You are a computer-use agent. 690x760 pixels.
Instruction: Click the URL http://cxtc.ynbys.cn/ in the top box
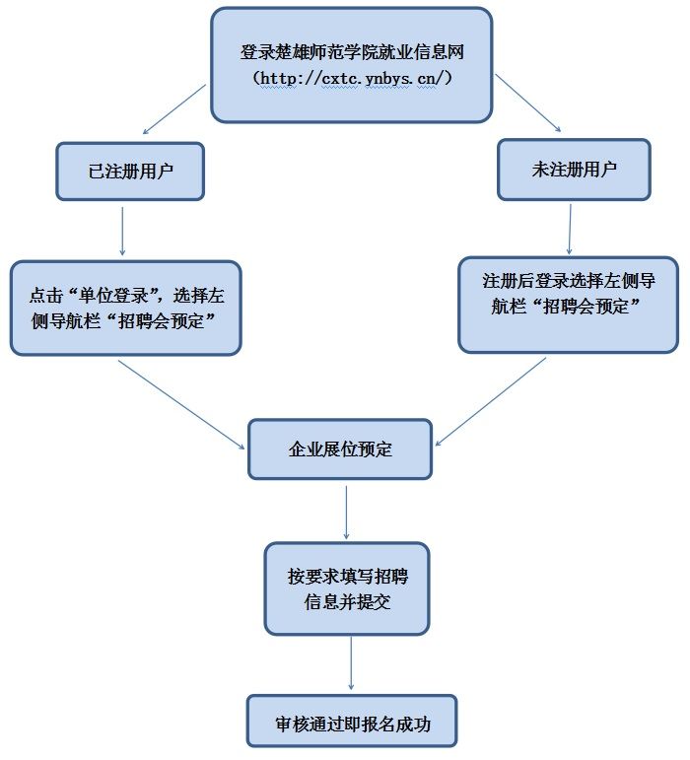coord(352,78)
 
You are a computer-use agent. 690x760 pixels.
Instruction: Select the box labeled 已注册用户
coord(130,172)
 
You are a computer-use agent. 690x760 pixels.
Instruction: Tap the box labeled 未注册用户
coord(574,170)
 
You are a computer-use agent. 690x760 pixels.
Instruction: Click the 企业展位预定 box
coord(340,449)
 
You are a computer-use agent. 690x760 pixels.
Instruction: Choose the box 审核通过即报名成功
coord(352,721)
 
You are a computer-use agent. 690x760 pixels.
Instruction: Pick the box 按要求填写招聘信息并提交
coord(347,588)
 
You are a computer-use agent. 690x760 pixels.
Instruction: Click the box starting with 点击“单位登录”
coord(126,308)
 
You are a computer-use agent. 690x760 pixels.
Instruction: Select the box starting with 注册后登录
coord(569,305)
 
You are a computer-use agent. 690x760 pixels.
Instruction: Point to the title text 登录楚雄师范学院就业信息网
coord(352,52)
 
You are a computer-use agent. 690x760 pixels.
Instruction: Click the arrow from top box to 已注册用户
coord(174,109)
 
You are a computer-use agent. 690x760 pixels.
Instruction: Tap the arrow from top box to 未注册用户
coord(527,103)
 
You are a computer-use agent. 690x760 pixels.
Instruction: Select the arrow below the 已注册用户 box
coord(122,232)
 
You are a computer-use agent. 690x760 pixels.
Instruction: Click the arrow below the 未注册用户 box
coord(570,229)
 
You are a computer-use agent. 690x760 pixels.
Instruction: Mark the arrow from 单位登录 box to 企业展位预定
coord(181,405)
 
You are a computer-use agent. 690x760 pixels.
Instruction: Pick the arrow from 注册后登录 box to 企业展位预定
coord(491,401)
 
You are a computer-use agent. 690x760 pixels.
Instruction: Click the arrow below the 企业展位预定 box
coord(346,513)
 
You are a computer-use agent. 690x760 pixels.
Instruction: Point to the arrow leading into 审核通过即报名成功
coord(351,663)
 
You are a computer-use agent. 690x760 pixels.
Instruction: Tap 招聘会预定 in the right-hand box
coord(586,307)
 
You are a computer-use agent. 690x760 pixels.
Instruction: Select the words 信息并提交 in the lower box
coord(347,602)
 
